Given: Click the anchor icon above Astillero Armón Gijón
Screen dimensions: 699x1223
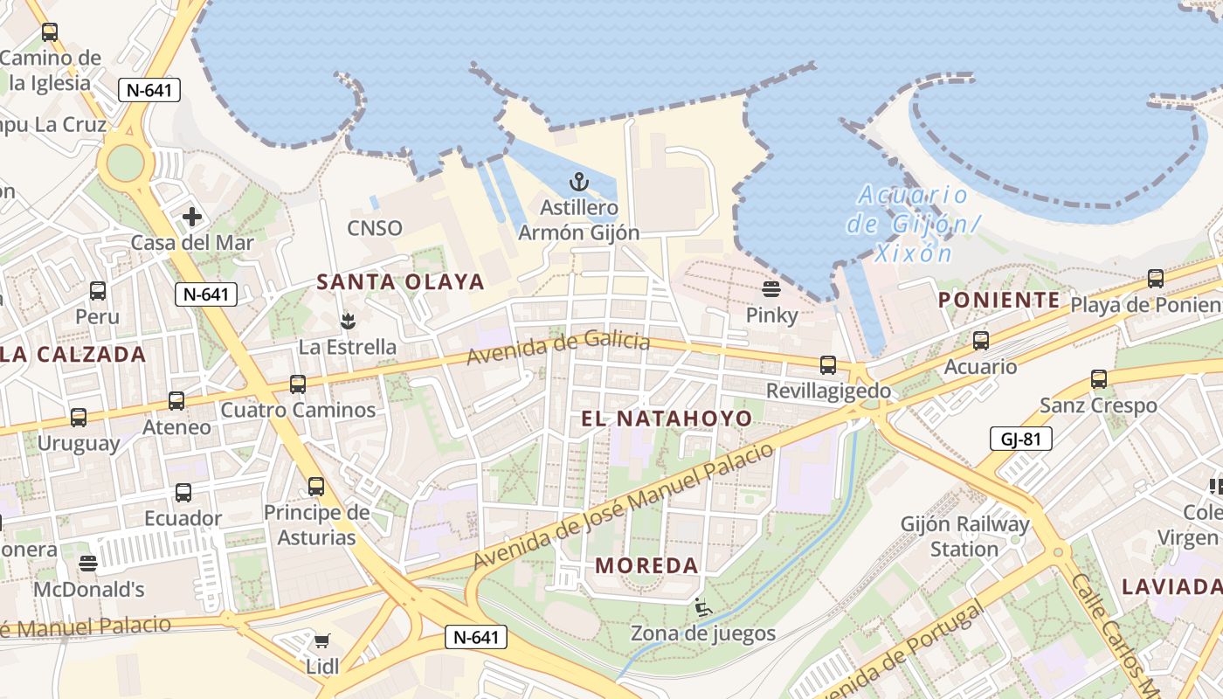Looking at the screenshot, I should pyautogui.click(x=578, y=182).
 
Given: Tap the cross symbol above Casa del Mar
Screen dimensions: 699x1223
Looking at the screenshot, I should pyautogui.click(x=192, y=217).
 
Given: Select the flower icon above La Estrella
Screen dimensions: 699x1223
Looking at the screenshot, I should pyautogui.click(x=348, y=321).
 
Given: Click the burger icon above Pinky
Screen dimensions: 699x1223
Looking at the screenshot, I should pyautogui.click(x=771, y=288).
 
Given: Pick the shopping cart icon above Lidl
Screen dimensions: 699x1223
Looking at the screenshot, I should pyautogui.click(x=322, y=641).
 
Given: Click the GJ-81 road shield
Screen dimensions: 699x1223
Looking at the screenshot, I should pyautogui.click(x=1020, y=439).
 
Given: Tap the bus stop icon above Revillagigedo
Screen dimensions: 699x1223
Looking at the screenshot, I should pyautogui.click(x=828, y=364).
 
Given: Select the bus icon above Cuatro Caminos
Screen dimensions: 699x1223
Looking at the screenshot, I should pyautogui.click(x=298, y=384).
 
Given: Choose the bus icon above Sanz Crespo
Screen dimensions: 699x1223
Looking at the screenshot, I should pyautogui.click(x=1099, y=379).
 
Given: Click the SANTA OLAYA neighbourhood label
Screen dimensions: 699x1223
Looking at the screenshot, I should pyautogui.click(x=400, y=281).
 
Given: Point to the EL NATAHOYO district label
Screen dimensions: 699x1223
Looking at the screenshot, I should pyautogui.click(x=667, y=419).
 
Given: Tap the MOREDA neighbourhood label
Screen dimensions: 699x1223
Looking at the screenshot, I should pyautogui.click(x=647, y=565).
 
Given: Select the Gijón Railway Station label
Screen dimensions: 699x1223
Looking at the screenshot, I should pyautogui.click(x=965, y=536).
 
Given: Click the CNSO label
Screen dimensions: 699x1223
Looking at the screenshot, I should pyautogui.click(x=375, y=228).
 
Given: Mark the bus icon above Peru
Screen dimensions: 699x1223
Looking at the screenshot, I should pyautogui.click(x=98, y=290).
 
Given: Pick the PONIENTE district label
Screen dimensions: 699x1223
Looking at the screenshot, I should pyautogui.click(x=999, y=301).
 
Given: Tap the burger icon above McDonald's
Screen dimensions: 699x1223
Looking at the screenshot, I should pyautogui.click(x=87, y=563).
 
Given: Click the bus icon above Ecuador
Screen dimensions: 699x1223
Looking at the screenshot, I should pyautogui.click(x=183, y=492).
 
